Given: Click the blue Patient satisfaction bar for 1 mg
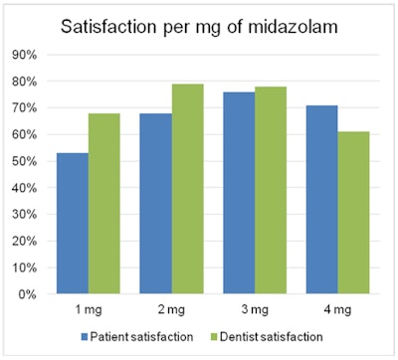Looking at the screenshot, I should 72,224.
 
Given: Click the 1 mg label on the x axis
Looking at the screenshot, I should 88,309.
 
